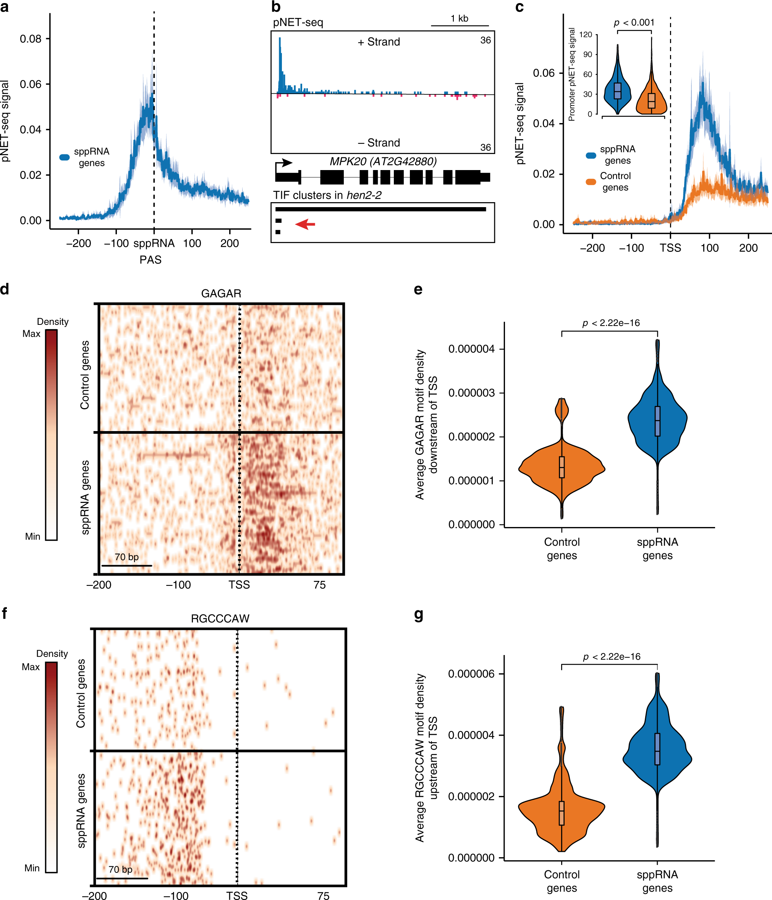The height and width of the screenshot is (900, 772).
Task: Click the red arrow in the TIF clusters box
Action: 305,224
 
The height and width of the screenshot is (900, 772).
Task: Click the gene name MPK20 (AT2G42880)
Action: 383,162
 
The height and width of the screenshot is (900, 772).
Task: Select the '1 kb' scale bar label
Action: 460,19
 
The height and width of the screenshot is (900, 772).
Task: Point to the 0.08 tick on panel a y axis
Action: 31,39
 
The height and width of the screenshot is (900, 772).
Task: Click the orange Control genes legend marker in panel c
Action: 591,182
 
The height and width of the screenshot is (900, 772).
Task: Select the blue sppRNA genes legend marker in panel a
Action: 64,157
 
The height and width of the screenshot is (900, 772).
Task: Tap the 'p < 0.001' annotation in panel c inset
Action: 634,23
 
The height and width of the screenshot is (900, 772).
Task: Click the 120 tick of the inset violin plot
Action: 586,35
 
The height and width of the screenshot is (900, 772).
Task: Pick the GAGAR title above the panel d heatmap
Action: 221,294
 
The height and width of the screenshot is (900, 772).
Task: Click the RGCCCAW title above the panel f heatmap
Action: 220,618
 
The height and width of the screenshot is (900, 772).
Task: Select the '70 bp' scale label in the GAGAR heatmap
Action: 126,557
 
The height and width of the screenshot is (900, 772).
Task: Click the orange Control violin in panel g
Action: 562,812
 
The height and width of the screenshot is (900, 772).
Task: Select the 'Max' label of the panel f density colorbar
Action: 31,667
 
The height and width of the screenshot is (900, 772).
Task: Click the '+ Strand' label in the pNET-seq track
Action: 379,42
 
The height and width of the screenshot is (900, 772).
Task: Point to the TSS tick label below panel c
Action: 670,248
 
